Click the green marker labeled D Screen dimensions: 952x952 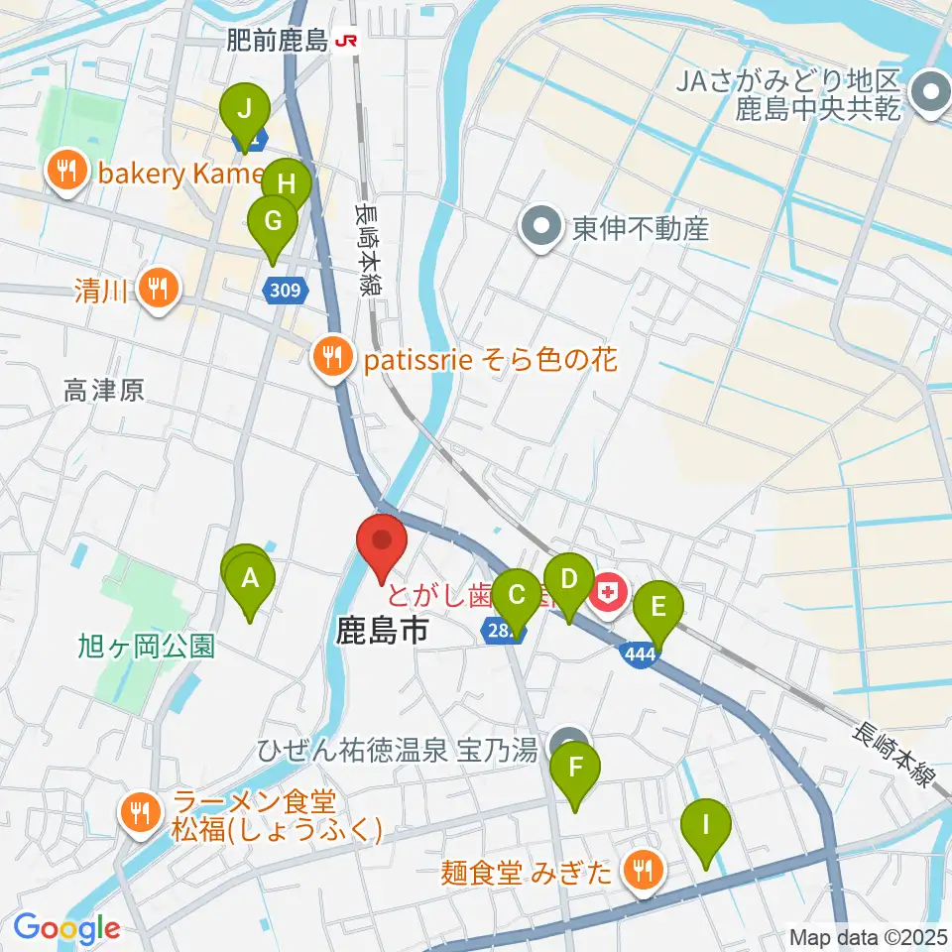coord(568,579)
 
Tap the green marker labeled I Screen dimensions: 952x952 coord(706,825)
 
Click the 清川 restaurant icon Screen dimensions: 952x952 coord(157,291)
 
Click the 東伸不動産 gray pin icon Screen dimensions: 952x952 coord(541,229)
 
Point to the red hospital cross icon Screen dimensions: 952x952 coord(607,595)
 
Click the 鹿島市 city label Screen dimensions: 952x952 coord(383,631)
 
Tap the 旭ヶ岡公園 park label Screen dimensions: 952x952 coord(146,647)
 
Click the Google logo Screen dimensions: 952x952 coord(66,928)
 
